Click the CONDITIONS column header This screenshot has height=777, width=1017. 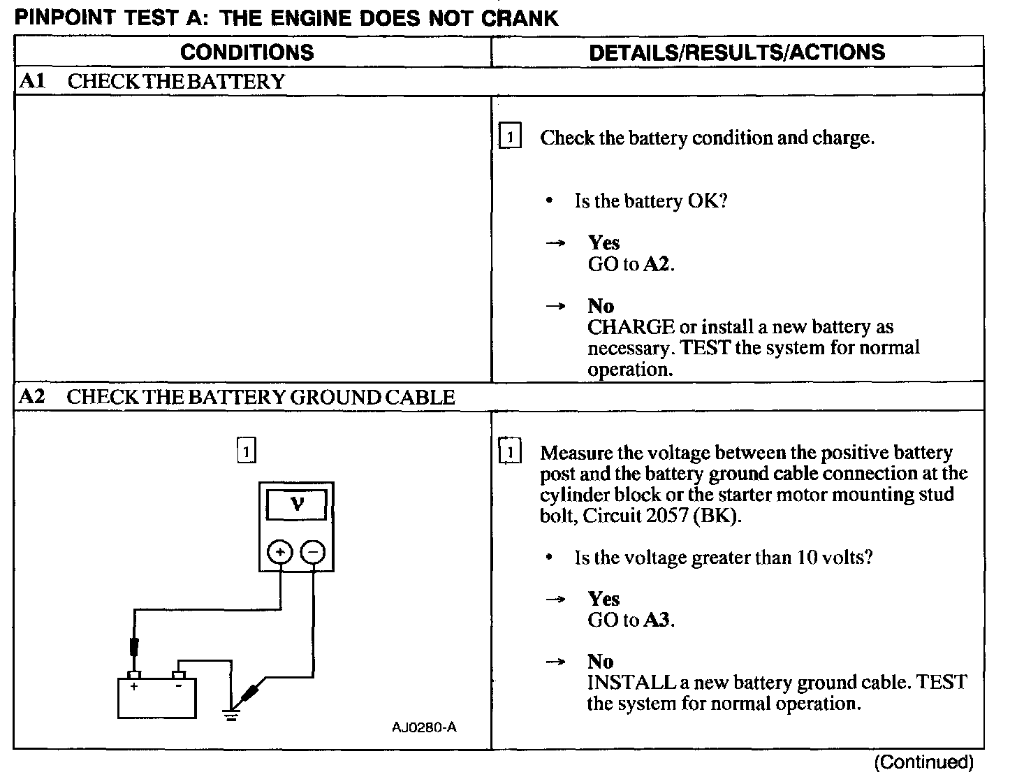click(x=247, y=52)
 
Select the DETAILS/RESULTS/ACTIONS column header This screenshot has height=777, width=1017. click(x=737, y=52)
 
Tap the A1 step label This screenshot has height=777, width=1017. click(x=32, y=81)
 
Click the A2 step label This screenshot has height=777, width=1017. click(x=32, y=397)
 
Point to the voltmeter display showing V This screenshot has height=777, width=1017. click(x=297, y=504)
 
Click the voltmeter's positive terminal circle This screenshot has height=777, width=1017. click(x=280, y=552)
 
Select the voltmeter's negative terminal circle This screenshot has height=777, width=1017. click(x=312, y=552)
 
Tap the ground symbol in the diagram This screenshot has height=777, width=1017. click(x=231, y=713)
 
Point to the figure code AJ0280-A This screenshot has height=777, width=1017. click(x=424, y=727)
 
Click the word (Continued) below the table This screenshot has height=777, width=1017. click(x=923, y=762)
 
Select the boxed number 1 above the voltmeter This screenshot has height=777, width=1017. click(x=246, y=451)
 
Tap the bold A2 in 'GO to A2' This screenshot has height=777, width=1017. click(x=657, y=264)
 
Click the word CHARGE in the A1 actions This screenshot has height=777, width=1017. click(x=631, y=327)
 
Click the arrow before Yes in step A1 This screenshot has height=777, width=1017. click(x=555, y=243)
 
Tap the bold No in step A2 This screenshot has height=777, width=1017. click(x=601, y=662)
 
